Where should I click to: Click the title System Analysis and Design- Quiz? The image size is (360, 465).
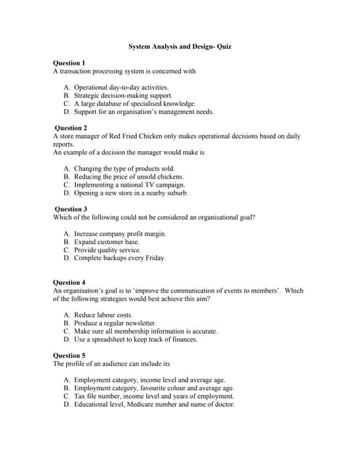180,46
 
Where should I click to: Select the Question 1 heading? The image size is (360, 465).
69,63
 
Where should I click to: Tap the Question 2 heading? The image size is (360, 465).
70,128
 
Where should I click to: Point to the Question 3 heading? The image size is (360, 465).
70,209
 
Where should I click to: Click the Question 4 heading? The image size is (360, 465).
69,282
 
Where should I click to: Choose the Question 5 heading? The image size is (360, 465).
69,355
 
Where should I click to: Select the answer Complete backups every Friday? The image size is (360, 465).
119,258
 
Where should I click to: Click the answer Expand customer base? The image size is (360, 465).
106,242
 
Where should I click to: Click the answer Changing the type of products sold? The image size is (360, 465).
124,169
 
